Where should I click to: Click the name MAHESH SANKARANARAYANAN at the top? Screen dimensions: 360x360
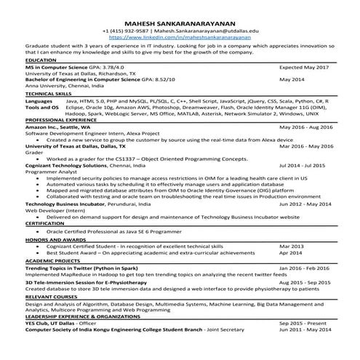pyautogui.click(x=180, y=23)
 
